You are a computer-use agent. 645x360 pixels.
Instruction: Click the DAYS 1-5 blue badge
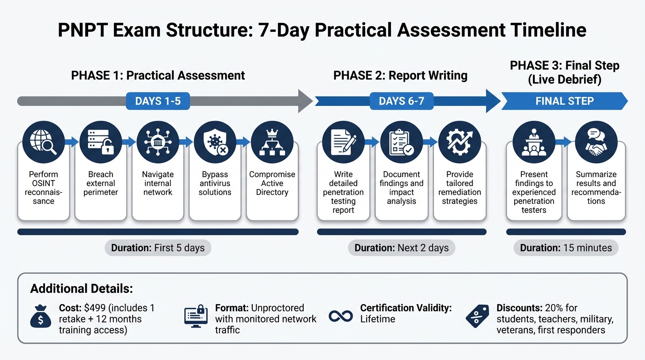tap(157, 101)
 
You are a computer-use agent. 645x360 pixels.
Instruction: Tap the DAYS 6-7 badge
tap(401, 101)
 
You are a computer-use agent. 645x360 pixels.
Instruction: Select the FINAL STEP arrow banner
tap(564, 101)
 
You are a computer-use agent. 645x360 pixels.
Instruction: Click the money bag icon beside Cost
tap(40, 318)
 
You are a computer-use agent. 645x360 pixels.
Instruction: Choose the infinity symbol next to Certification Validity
tap(341, 316)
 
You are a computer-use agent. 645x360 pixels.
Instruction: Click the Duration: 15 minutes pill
tap(566, 248)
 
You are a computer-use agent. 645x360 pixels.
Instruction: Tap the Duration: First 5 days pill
tap(157, 248)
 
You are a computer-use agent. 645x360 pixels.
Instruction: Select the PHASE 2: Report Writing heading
tap(400, 75)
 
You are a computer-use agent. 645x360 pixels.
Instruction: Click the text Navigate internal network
tap(157, 183)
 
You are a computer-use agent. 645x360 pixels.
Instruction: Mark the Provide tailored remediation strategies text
tap(459, 187)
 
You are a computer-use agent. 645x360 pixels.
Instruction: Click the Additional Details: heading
tap(82, 288)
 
